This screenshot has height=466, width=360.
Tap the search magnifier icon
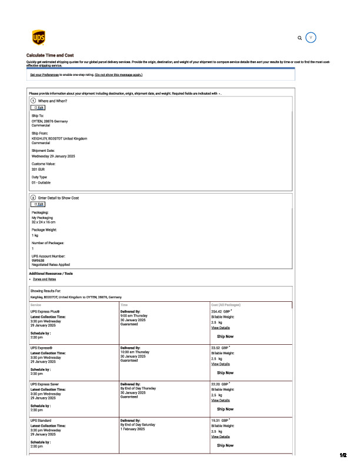coord(300,38)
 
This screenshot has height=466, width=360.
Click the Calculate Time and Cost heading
coord(50,55)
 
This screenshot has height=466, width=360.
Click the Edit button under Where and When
coord(38,108)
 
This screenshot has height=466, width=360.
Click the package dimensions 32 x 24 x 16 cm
coord(47,221)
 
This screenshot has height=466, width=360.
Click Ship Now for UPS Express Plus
coord(225,336)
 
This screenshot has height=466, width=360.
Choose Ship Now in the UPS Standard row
coord(225,445)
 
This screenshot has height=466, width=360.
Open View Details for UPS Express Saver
coord(221,400)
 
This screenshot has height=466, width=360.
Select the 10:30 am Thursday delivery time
coord(135,352)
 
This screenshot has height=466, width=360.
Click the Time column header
coord(124,305)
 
